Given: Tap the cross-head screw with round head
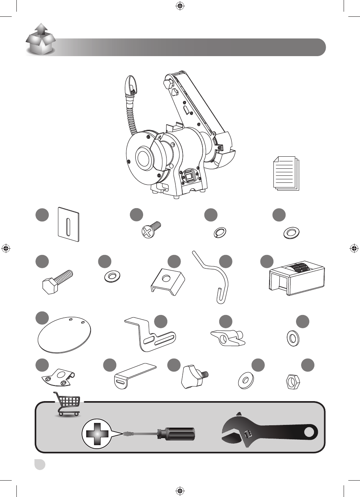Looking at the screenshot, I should click(150, 230).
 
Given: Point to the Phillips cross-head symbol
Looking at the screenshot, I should click(96, 434).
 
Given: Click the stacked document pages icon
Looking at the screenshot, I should click(286, 173).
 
